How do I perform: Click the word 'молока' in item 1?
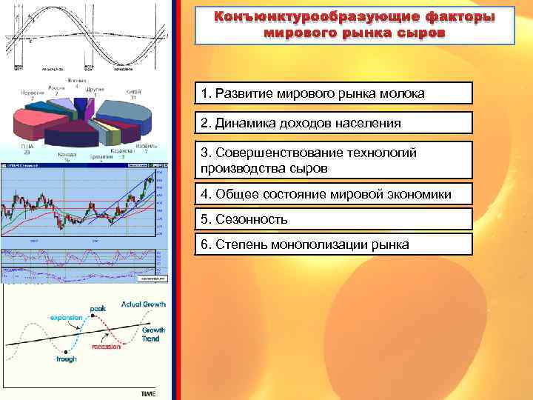click(399, 93)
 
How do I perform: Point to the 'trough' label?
click(66, 359)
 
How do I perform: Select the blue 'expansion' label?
click(67, 318)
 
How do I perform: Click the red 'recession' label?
click(106, 346)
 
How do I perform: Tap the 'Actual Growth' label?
click(144, 304)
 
